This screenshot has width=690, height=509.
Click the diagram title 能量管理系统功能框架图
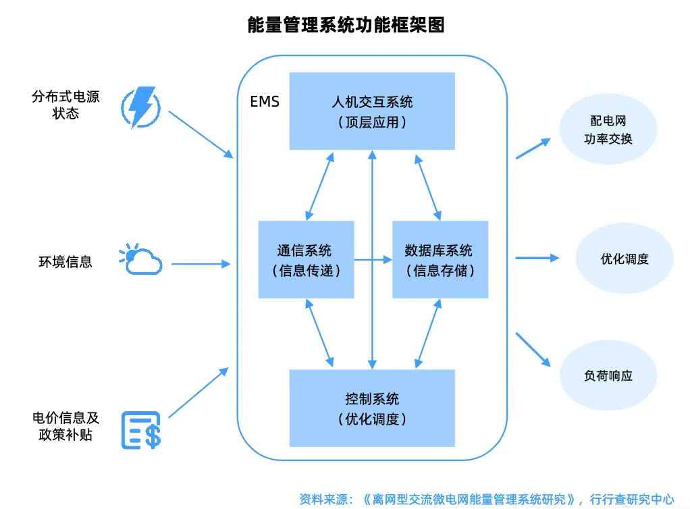pos(346,24)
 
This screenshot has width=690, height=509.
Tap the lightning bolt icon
pos(141,107)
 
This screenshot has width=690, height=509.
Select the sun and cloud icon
pos(140,259)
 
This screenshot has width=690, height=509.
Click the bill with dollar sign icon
pos(141,430)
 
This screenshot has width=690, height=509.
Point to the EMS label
pos(265,102)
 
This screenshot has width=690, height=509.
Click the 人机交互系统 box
pos(372,111)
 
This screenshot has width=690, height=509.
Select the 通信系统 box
pos(307,259)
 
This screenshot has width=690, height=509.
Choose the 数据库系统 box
pos(440,259)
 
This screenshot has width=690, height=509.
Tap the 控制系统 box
pos(372,408)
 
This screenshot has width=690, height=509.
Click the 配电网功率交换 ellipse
pos(608,129)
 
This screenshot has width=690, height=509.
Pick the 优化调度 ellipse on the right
pos(625,259)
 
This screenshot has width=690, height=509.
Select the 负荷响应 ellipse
pos(608,375)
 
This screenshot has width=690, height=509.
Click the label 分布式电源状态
pos(65,105)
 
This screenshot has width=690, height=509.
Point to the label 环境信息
pos(65,262)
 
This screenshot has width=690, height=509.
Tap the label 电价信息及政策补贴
pos(65,426)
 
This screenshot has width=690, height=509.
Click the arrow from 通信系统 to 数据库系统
pos(373,260)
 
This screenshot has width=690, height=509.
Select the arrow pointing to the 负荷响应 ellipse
pos(533,350)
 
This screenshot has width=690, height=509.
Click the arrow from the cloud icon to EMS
pos(201,264)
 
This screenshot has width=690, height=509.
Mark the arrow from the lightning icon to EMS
pos(201,134)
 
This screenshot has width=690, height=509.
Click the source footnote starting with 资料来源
pos(487,500)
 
